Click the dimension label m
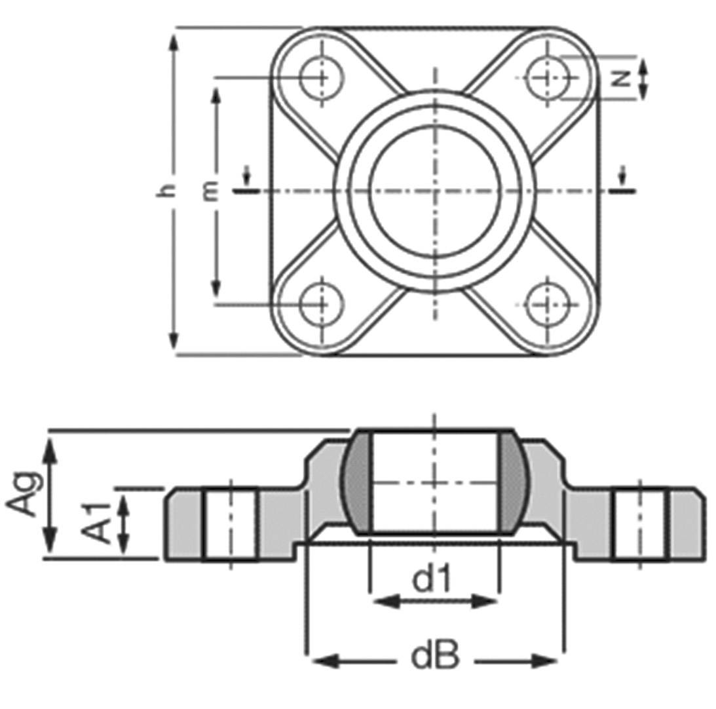click(x=210, y=191)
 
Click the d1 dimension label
click(x=432, y=579)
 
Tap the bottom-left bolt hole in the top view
click(x=322, y=305)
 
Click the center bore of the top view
click(x=434, y=191)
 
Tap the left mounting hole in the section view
click(x=229, y=524)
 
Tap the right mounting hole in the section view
click(x=640, y=524)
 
